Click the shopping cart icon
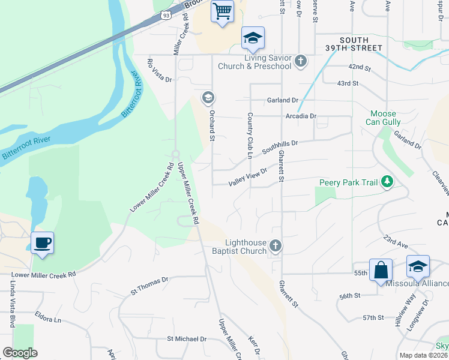(x=222, y=11)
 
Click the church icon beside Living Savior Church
(x=301, y=61)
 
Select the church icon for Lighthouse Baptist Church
(x=275, y=245)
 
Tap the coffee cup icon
(x=42, y=244)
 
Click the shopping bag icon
(x=381, y=270)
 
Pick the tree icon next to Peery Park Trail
(x=388, y=181)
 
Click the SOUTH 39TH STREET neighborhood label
(x=361, y=44)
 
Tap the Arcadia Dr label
(x=301, y=116)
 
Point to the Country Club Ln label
(x=249, y=136)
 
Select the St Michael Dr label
(x=187, y=339)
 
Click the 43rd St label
(x=348, y=83)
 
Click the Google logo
(x=20, y=353)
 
